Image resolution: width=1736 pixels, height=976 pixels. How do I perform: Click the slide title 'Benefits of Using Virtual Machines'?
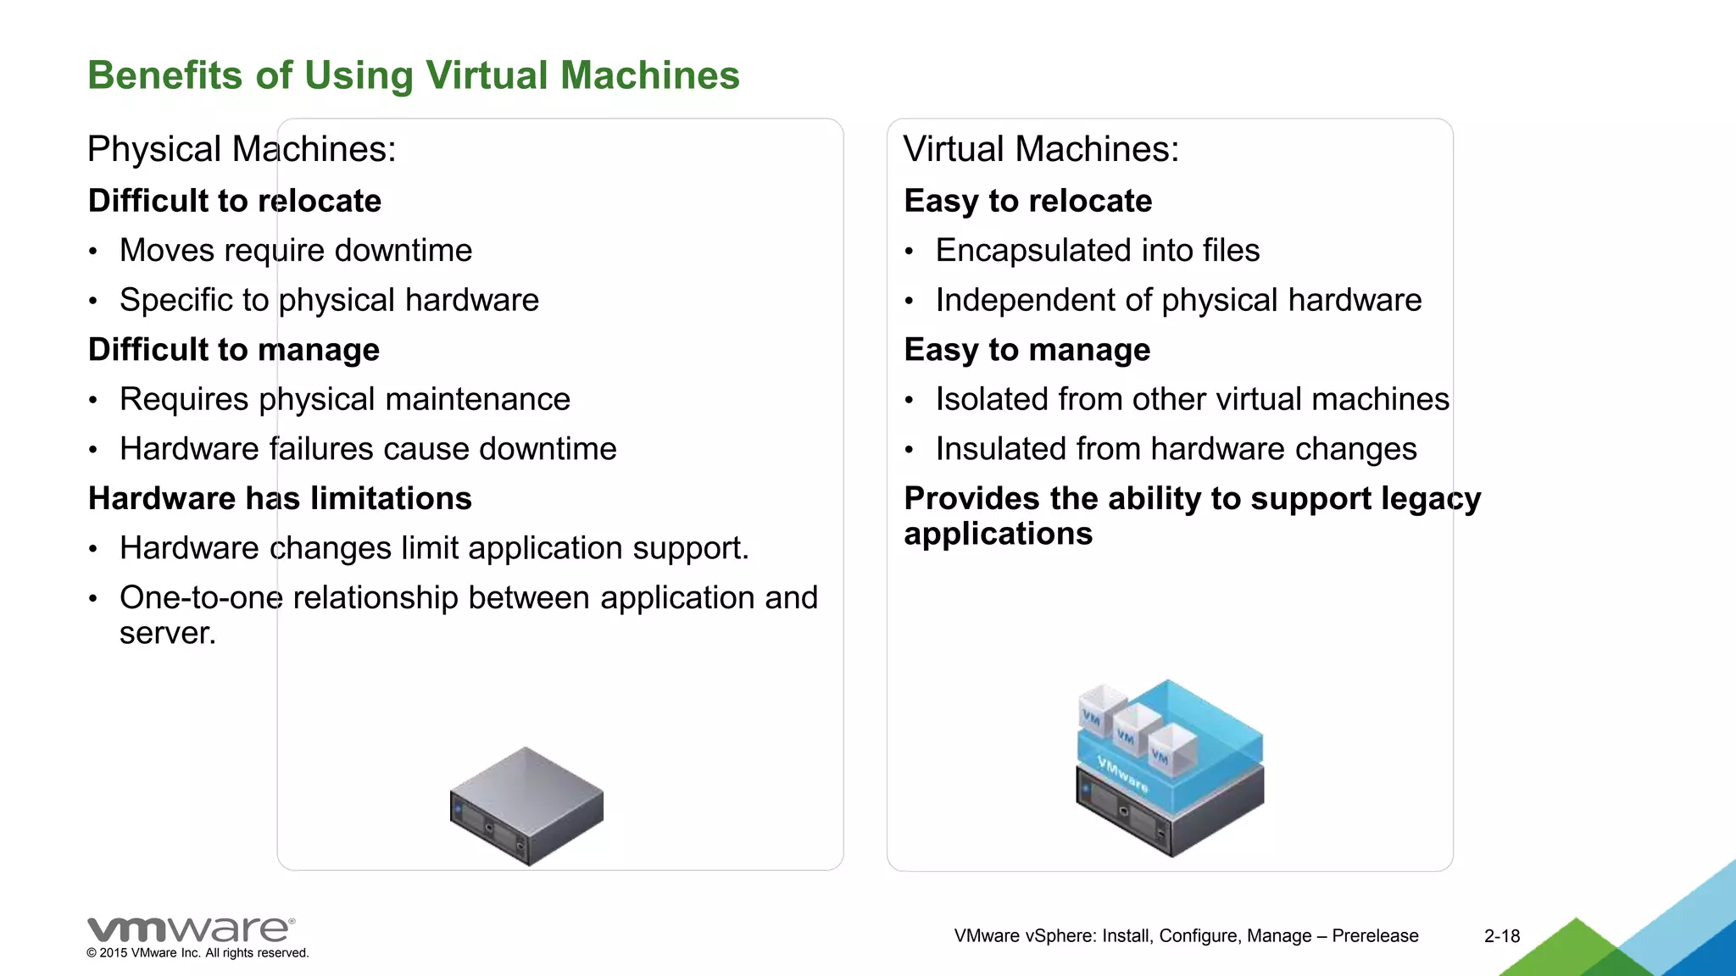(414, 75)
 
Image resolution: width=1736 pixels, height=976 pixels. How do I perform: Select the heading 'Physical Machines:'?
(242, 149)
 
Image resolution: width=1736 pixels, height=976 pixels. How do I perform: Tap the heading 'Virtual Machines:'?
(1041, 149)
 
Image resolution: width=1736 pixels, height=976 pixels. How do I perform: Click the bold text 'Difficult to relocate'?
(235, 201)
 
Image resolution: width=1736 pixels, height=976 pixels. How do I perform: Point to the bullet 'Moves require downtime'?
(296, 251)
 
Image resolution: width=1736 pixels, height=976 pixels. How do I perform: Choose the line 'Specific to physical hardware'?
(329, 300)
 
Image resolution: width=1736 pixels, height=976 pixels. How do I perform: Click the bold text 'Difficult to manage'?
(234, 350)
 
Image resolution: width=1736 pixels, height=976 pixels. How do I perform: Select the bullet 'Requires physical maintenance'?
(345, 399)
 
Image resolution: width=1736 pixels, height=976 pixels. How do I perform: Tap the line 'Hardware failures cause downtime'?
(368, 449)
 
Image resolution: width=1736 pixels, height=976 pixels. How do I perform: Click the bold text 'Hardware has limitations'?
(280, 498)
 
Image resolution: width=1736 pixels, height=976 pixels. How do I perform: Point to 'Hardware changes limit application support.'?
(434, 548)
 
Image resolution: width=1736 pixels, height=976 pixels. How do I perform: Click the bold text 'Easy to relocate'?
(1028, 201)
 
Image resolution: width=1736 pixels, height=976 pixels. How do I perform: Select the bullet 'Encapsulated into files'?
(1098, 251)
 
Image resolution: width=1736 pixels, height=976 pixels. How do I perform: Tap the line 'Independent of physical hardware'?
(1178, 300)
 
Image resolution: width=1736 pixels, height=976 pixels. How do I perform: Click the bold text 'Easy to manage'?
(1027, 350)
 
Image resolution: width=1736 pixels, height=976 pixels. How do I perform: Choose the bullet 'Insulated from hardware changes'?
(1176, 449)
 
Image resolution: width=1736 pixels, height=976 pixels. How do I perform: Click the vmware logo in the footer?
(191, 929)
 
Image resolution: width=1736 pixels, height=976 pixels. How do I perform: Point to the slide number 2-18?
(1502, 936)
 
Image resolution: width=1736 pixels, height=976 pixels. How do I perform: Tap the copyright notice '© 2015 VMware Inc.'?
(198, 953)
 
